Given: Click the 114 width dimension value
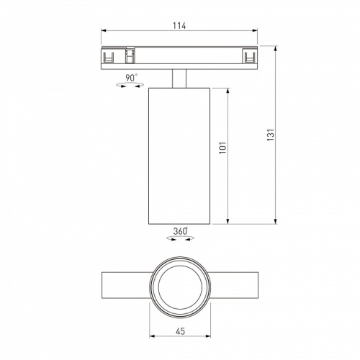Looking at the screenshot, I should tap(179, 27).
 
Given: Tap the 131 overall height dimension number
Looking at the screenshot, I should tap(271, 135).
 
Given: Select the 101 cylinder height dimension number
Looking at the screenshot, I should tap(223, 148).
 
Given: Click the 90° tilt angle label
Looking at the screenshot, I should tap(131, 78).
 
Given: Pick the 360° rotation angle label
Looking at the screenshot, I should tap(180, 231).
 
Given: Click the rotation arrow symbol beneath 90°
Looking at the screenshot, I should tap(131, 86).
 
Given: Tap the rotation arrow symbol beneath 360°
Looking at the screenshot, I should tap(180, 240).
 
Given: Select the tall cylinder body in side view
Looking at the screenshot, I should tap(180, 155).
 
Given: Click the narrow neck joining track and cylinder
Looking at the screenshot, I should tap(180, 78).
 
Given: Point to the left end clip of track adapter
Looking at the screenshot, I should tap(110, 56).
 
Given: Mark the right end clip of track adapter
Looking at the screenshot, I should tap(249, 56).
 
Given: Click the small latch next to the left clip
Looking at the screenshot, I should tap(130, 56).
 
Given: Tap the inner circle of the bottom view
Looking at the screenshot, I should tap(180, 287).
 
